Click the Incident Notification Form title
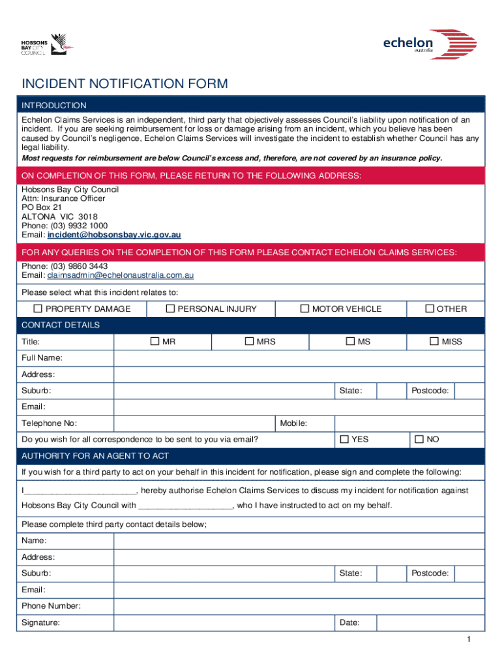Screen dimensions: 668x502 click(x=125, y=83)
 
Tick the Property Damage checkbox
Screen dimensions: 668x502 click(x=38, y=309)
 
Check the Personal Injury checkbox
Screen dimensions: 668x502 click(x=171, y=309)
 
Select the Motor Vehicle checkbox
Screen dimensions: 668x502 click(x=304, y=309)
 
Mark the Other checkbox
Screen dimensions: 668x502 click(x=430, y=309)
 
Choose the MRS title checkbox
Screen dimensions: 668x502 click(x=249, y=341)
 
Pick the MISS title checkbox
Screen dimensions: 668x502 click(x=434, y=341)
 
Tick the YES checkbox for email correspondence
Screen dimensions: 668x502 click(x=345, y=439)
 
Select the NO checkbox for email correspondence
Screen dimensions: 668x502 click(x=419, y=439)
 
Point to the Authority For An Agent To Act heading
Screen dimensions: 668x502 click(x=95, y=455)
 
